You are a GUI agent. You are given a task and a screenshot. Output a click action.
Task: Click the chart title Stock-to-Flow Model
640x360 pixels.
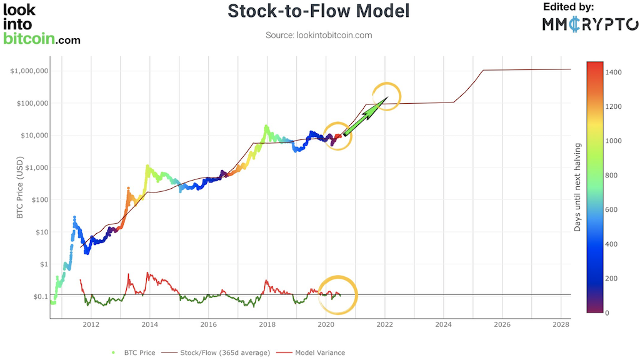pos(319,11)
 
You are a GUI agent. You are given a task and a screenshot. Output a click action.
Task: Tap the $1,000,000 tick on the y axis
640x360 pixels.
pos(29,71)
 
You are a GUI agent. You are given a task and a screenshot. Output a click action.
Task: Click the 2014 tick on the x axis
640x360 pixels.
pos(149,324)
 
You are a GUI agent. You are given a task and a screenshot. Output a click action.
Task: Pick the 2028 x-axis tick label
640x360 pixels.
pos(561,324)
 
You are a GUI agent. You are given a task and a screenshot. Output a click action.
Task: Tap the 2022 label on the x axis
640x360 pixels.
pos(384,324)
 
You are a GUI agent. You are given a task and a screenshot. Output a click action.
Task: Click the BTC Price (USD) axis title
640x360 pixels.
pos(21,187)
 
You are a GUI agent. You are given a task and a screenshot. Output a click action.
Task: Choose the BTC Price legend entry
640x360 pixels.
pos(139,353)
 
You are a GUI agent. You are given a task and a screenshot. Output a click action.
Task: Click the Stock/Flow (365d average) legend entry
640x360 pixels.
pos(224,353)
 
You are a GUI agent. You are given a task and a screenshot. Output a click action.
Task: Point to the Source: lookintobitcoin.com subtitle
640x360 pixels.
pos(319,35)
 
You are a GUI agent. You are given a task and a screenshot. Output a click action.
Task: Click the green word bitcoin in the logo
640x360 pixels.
pos(29,39)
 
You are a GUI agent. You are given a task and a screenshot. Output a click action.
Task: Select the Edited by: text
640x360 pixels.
pos(568,7)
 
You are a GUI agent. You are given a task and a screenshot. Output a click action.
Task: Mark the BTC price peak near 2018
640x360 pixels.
pos(266,127)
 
